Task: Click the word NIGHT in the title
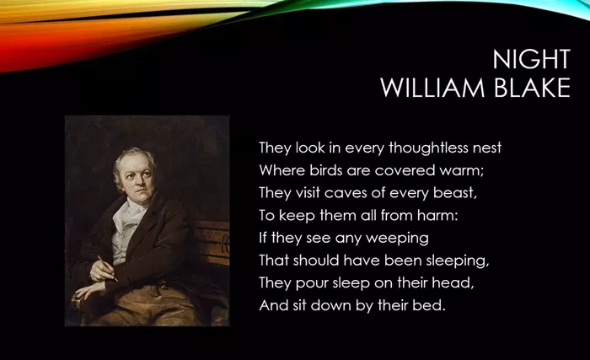pyautogui.click(x=532, y=59)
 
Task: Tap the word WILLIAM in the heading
pyautogui.click(x=432, y=88)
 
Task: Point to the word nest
pyautogui.click(x=487, y=148)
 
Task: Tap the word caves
pyautogui.click(x=343, y=193)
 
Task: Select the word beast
pyautogui.click(x=454, y=193)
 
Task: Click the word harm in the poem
pyautogui.click(x=437, y=215)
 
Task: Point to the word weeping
pyautogui.click(x=397, y=239)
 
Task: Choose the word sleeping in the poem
pyautogui.click(x=457, y=261)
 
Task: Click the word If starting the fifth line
pyautogui.click(x=263, y=238)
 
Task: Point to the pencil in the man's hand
pyautogui.click(x=108, y=268)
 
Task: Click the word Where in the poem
pyautogui.click(x=282, y=170)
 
